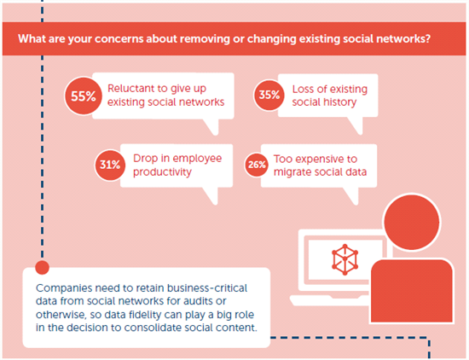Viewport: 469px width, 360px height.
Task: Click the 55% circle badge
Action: pos(84,96)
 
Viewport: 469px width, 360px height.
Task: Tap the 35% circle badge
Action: pos(269,96)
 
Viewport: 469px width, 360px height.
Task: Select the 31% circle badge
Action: pos(110,165)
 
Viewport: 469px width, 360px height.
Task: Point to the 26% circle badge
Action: pos(257,165)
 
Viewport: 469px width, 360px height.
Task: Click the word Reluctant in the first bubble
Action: pos(132,88)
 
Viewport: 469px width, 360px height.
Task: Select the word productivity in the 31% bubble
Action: pos(162,172)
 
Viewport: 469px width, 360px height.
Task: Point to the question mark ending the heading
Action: pos(427,38)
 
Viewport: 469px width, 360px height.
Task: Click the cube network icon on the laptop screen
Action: pos(345,259)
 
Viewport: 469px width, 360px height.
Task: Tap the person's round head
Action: pos(412,222)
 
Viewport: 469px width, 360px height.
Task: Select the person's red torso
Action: pos(412,291)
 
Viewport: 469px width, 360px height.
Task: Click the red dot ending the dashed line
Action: pos(42,267)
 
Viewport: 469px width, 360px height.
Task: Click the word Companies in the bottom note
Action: pos(64,288)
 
